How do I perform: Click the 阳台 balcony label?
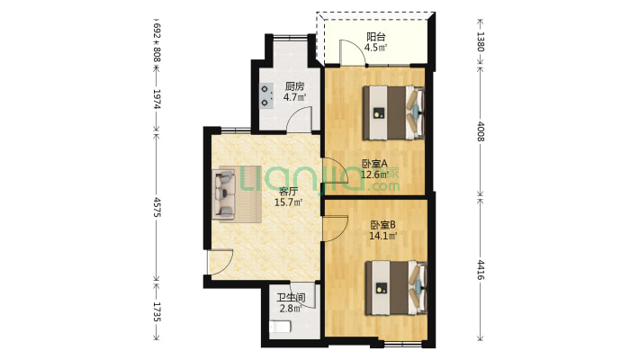[x=375, y=37]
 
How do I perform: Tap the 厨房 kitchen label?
[x=294, y=86]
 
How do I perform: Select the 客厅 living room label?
[x=288, y=191]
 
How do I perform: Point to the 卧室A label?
[x=375, y=164]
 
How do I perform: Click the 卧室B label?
[x=383, y=225]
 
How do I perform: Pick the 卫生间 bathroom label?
[x=291, y=298]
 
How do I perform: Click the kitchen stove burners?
[x=266, y=95]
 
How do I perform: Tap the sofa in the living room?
[x=224, y=193]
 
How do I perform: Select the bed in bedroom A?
[x=394, y=112]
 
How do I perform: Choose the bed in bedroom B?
[x=396, y=288]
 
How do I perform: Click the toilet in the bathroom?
[x=280, y=327]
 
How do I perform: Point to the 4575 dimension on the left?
[x=157, y=207]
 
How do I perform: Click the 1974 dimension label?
[x=157, y=99]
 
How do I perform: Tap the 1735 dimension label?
[x=157, y=312]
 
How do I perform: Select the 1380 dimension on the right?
[x=481, y=41]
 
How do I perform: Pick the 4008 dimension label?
[x=481, y=131]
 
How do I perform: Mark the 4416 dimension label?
[x=481, y=270]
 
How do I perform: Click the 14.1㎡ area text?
[x=383, y=236]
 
